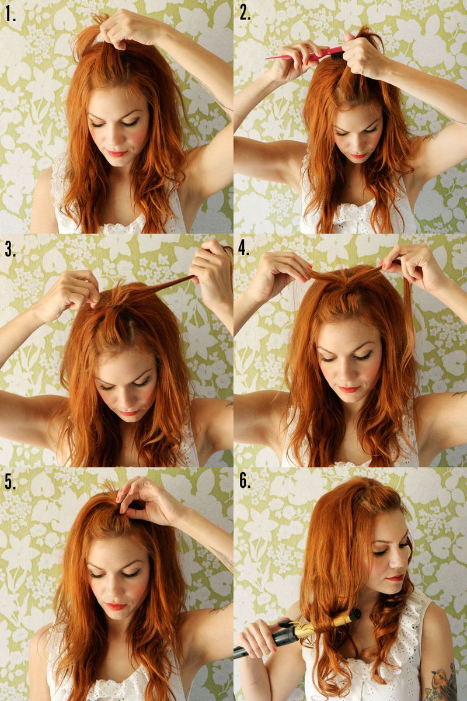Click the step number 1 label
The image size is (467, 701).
coord(11,14)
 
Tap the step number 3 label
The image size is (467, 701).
coord(11,249)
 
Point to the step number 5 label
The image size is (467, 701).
coord(11,481)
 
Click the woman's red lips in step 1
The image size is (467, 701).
coord(116,154)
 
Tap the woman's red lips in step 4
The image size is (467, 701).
coord(349,389)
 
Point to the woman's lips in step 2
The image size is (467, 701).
coord(357,156)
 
